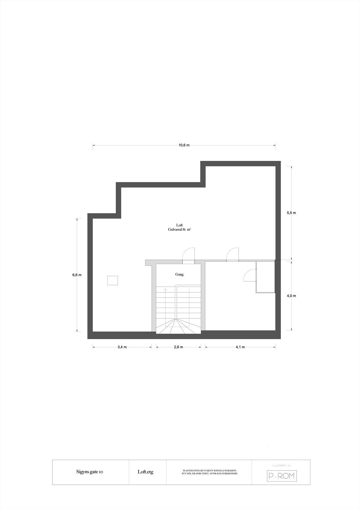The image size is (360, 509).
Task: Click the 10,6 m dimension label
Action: (x=184, y=145)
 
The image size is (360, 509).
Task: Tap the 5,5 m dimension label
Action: (x=291, y=213)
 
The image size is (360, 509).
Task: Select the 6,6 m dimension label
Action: (x=77, y=275)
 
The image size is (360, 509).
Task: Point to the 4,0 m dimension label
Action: (x=291, y=296)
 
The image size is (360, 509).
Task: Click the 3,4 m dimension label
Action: (x=122, y=347)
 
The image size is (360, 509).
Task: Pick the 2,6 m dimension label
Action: (x=178, y=347)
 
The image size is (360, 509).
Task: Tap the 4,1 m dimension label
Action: (x=240, y=347)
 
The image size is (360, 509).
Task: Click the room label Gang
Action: (x=179, y=274)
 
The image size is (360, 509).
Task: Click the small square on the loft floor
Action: (x=113, y=281)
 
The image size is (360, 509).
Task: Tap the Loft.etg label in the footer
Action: (x=145, y=472)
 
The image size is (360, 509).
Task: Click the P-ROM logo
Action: (x=281, y=476)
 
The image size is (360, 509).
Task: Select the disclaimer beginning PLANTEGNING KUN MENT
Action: (x=210, y=472)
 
